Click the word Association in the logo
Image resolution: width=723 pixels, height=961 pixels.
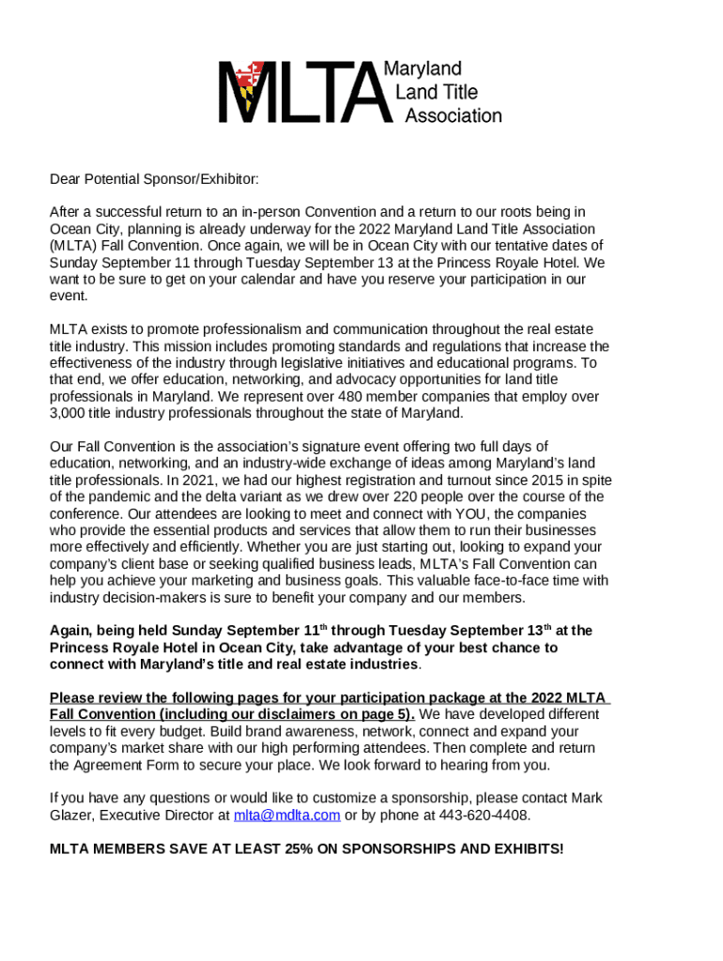[x=453, y=116]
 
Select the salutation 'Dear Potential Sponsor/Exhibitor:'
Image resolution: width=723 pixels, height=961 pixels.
[x=154, y=179]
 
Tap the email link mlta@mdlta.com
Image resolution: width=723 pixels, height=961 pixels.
[x=286, y=815]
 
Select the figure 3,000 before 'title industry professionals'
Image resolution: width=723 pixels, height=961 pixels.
[x=69, y=413]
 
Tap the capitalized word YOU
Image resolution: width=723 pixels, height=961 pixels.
[x=472, y=514]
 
